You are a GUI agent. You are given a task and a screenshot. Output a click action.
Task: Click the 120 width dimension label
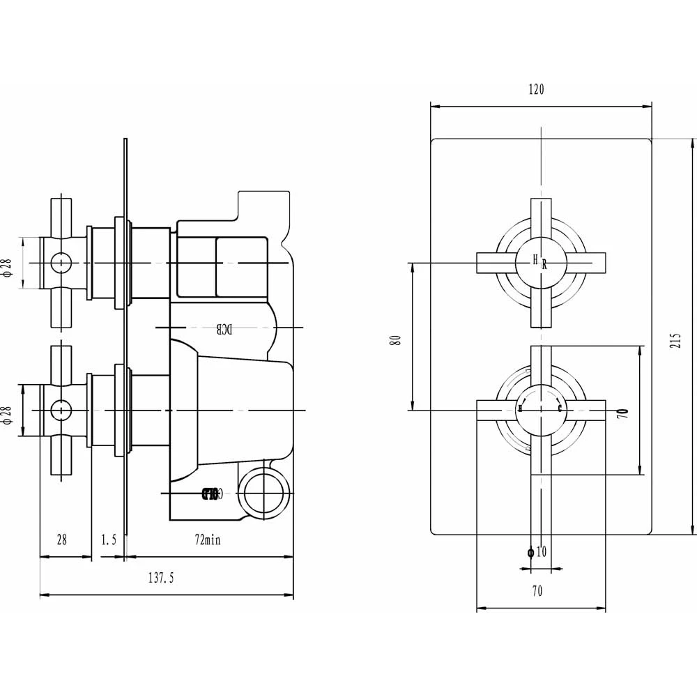pos(536,89)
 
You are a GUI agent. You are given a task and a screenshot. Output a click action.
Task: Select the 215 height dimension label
pos(675,339)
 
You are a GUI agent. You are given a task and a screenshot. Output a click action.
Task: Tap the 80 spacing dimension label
pos(396,340)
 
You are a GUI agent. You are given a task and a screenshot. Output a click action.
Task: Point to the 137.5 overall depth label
pos(161,578)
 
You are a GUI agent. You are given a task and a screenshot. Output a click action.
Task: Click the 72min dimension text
pos(206,540)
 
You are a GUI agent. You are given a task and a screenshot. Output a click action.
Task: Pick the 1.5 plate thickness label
pos(108,540)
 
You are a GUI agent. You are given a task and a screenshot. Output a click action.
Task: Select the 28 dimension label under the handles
pos(61,540)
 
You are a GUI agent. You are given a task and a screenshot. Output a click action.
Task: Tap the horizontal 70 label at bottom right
pos(537,592)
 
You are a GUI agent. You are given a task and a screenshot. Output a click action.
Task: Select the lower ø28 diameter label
pos(8,410)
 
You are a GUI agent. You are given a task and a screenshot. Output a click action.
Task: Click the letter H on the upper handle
pos(535,260)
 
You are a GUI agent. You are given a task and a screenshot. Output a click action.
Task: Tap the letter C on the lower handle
pos(560,409)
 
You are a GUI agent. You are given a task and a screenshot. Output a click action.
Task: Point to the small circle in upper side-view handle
pos(61,263)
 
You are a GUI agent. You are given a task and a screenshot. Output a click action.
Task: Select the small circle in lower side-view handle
pos(61,409)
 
